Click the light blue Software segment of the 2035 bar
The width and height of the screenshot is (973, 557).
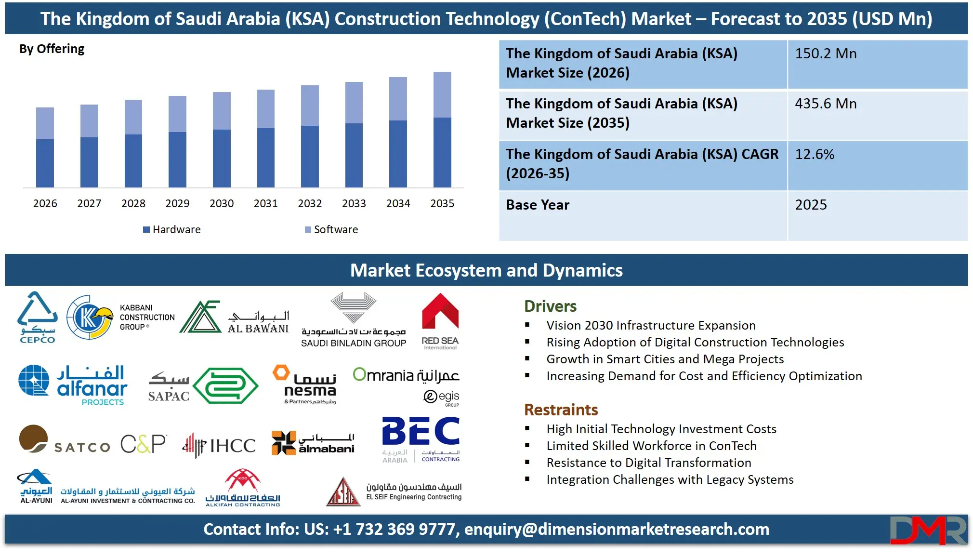click(442, 94)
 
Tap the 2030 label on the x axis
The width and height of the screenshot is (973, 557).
click(222, 203)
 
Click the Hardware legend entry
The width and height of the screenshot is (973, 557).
click(172, 229)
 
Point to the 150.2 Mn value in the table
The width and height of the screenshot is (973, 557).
click(826, 53)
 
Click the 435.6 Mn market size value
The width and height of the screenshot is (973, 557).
click(826, 104)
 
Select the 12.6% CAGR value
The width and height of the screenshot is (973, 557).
click(815, 154)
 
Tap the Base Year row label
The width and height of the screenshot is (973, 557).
click(538, 205)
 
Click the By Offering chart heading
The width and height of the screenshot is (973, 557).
click(52, 49)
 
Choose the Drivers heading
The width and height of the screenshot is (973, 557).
click(550, 306)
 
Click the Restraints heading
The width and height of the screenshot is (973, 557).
click(561, 410)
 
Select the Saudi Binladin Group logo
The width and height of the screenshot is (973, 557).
click(354, 320)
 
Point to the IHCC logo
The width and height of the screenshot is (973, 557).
click(219, 445)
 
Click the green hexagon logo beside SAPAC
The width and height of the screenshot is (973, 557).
click(225, 385)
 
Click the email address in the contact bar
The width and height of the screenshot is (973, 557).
click(617, 529)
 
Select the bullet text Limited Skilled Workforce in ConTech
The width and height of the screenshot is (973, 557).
click(651, 446)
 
